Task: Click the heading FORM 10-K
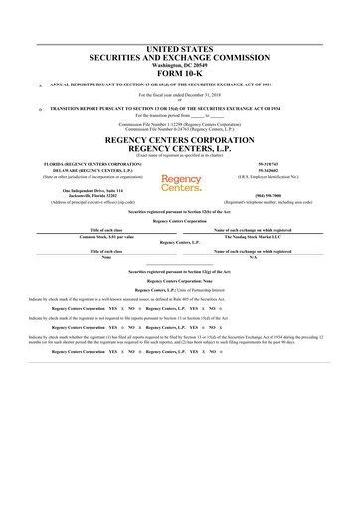pyautogui.click(x=180, y=73)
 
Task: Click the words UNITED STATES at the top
pyautogui.click(x=180, y=48)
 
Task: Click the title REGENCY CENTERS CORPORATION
pyautogui.click(x=180, y=140)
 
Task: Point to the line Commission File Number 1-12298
pyautogui.click(x=180, y=124)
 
